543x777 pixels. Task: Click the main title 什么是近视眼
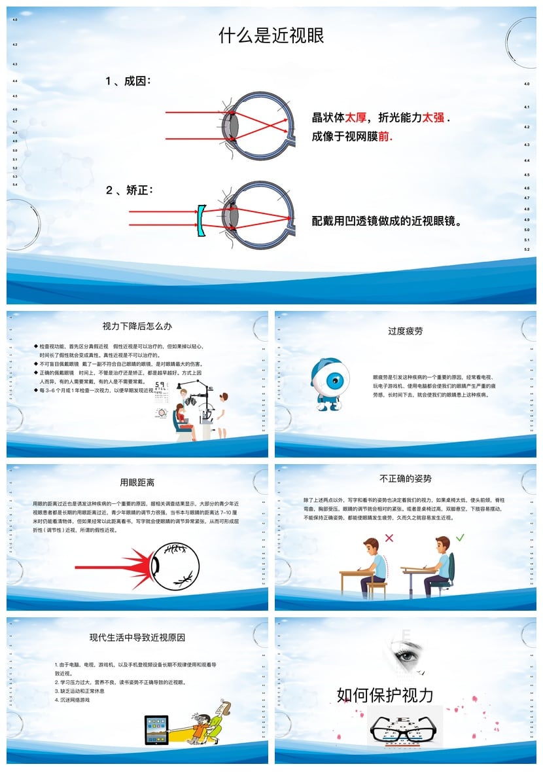271,36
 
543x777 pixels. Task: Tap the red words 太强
433,118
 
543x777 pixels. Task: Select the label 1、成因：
128,81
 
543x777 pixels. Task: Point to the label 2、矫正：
129,190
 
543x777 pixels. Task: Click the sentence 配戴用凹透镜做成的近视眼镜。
387,221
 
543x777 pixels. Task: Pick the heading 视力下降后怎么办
137,326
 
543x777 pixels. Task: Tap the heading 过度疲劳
405,331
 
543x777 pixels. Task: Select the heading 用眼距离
137,483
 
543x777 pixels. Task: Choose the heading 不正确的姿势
405,479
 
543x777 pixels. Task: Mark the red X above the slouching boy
389,538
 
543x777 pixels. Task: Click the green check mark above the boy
460,537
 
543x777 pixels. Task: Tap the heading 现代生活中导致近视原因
137,637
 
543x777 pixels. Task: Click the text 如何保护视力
385,695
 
